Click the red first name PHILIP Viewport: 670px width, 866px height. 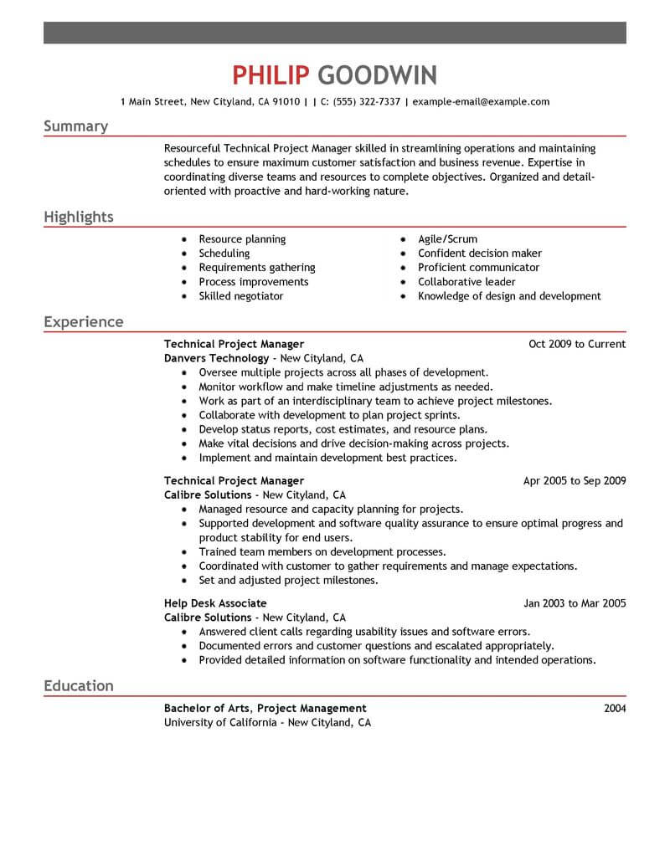[x=271, y=75]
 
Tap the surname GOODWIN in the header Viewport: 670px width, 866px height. [x=378, y=75]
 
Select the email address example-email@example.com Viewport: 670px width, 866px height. [x=481, y=102]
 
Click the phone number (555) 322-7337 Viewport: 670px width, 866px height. [x=364, y=102]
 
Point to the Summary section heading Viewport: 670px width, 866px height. [x=75, y=126]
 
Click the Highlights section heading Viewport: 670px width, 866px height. [x=78, y=218]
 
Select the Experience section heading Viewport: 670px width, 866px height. [x=83, y=322]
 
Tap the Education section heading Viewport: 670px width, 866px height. [x=78, y=686]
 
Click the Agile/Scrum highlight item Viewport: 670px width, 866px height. [x=447, y=239]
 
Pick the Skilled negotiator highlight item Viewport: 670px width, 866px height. [x=240, y=296]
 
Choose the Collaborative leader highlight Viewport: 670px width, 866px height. [x=466, y=282]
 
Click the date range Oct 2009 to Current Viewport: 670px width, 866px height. [x=577, y=344]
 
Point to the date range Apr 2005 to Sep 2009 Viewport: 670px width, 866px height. [x=574, y=481]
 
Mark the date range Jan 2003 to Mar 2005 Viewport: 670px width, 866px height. [x=575, y=603]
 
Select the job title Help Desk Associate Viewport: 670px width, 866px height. [x=215, y=603]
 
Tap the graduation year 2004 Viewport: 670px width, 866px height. [x=614, y=709]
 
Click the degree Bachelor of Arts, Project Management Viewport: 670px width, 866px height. [x=265, y=709]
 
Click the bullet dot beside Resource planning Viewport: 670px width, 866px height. [x=183, y=239]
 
